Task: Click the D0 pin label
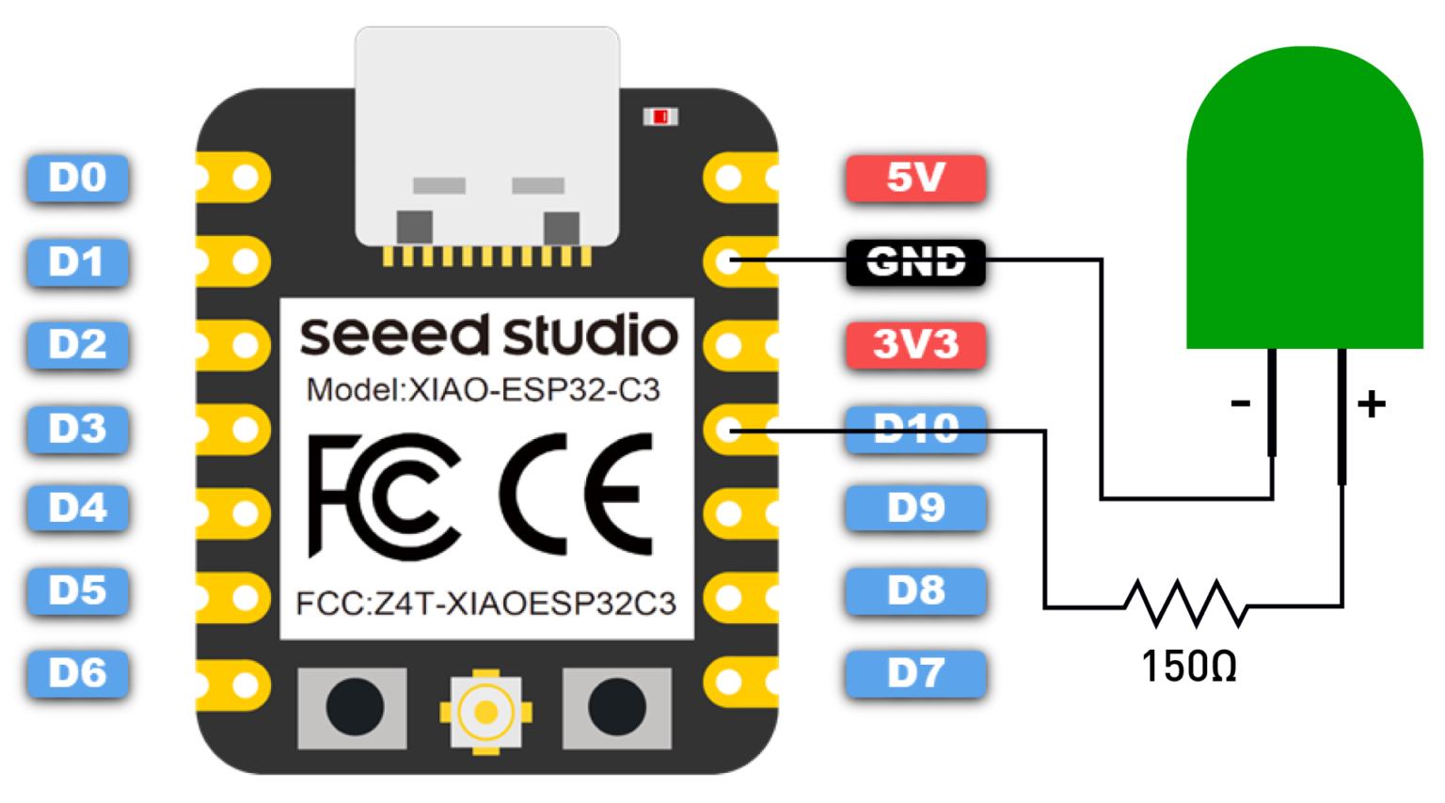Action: click(77, 178)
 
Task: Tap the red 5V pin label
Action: click(915, 178)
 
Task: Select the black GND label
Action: click(915, 261)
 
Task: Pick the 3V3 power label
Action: click(915, 344)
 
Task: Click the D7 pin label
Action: click(915, 673)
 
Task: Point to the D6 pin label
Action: click(77, 673)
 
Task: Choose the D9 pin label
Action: click(915, 509)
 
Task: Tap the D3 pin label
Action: click(77, 429)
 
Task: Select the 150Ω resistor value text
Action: click(1188, 667)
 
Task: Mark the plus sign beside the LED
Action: click(1371, 404)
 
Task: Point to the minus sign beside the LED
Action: click(1240, 404)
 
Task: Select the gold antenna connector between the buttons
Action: click(485, 712)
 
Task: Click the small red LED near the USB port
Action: click(660, 117)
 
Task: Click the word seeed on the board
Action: click(395, 336)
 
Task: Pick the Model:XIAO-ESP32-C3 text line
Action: click(484, 389)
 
